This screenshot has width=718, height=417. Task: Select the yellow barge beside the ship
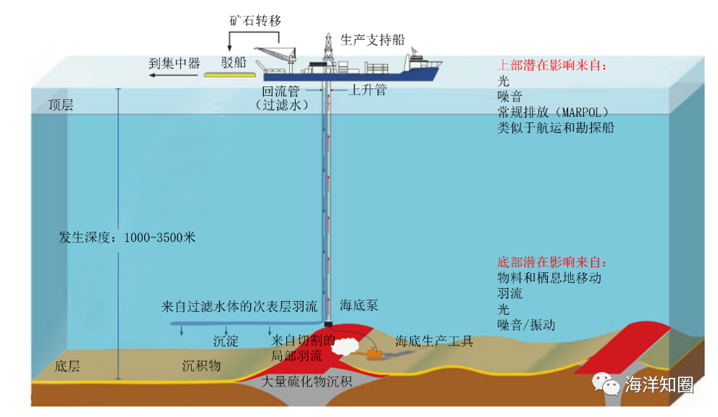[x=231, y=74]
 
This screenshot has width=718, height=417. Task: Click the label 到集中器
[x=174, y=63]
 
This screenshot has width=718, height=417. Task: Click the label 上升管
[x=368, y=90]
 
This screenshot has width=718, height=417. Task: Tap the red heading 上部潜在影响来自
[x=552, y=66]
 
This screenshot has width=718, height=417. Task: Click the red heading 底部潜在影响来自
[x=552, y=262]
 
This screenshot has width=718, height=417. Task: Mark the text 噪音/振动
[x=526, y=325]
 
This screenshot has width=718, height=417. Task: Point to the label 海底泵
[x=359, y=306]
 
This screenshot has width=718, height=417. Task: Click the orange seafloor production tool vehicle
[x=375, y=354]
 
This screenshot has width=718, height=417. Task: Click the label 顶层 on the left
[x=60, y=105]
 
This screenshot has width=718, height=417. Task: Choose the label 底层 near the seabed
[x=67, y=366]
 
